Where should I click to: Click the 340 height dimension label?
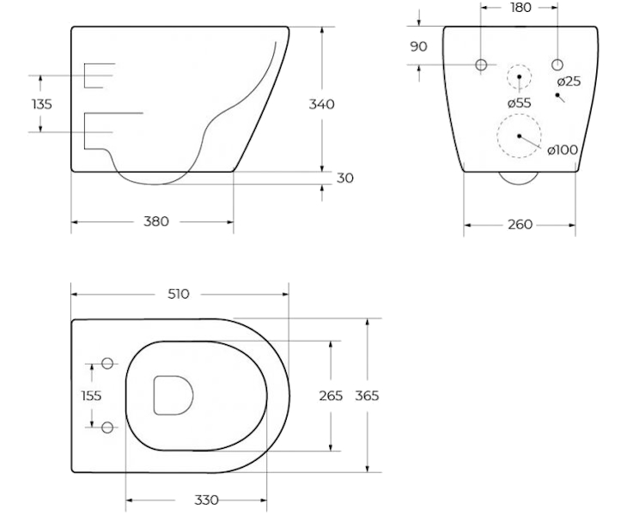[x=321, y=104]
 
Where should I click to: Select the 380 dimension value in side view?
[x=156, y=221]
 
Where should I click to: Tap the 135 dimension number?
[x=41, y=104]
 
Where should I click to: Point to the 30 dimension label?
[x=344, y=179]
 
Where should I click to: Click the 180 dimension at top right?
[x=520, y=8]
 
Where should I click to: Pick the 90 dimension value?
[x=418, y=46]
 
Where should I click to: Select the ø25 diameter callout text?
[x=569, y=82]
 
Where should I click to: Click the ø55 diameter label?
[x=520, y=103]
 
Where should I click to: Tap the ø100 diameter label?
[x=563, y=150]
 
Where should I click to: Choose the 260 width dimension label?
[x=520, y=225]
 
